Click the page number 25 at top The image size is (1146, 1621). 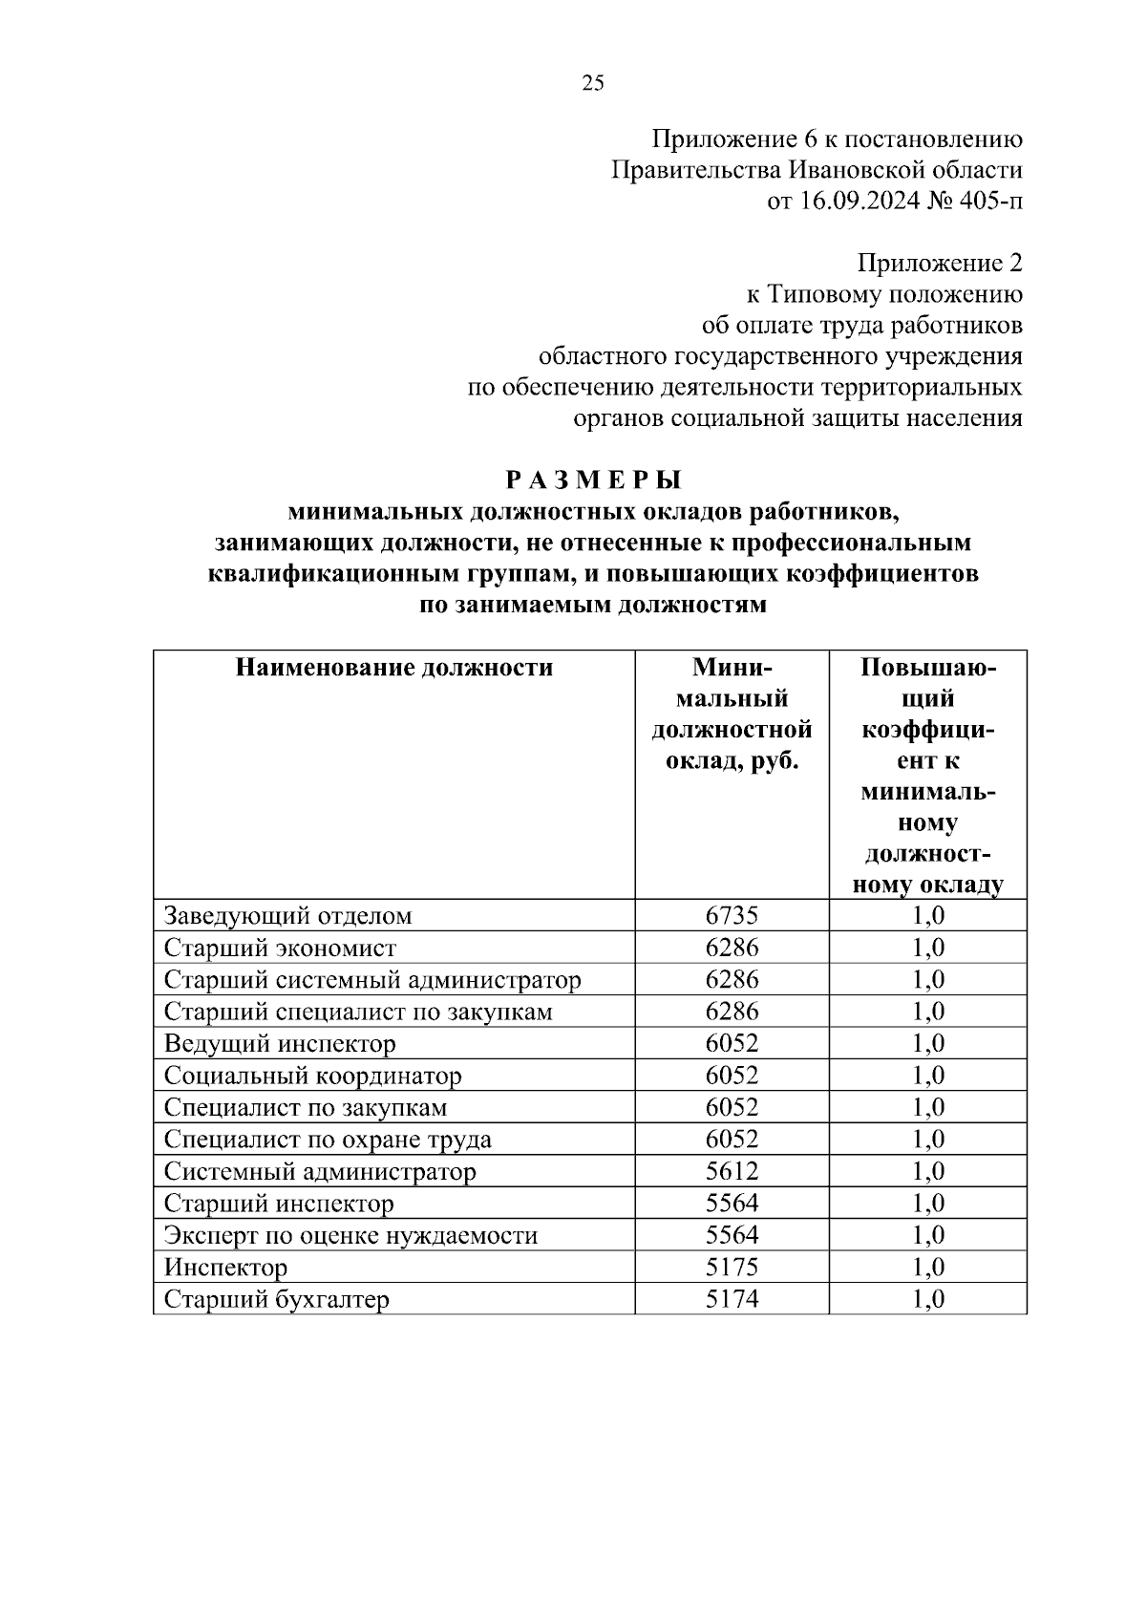(592, 83)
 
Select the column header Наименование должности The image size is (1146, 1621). (394, 668)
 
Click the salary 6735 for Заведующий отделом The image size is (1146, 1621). (732, 915)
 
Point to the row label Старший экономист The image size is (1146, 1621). (280, 948)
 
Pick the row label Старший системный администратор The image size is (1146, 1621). (372, 980)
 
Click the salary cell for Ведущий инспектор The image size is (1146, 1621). (732, 1043)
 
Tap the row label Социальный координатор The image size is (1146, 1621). (313, 1076)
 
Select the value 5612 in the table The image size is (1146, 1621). (732, 1171)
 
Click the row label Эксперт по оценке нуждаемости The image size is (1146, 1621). (351, 1235)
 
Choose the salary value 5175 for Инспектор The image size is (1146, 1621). (732, 1268)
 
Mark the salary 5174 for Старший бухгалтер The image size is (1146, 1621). (732, 1299)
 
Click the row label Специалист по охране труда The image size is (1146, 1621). (329, 1140)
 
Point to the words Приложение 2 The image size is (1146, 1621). (940, 263)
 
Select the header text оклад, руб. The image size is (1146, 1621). (732, 762)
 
